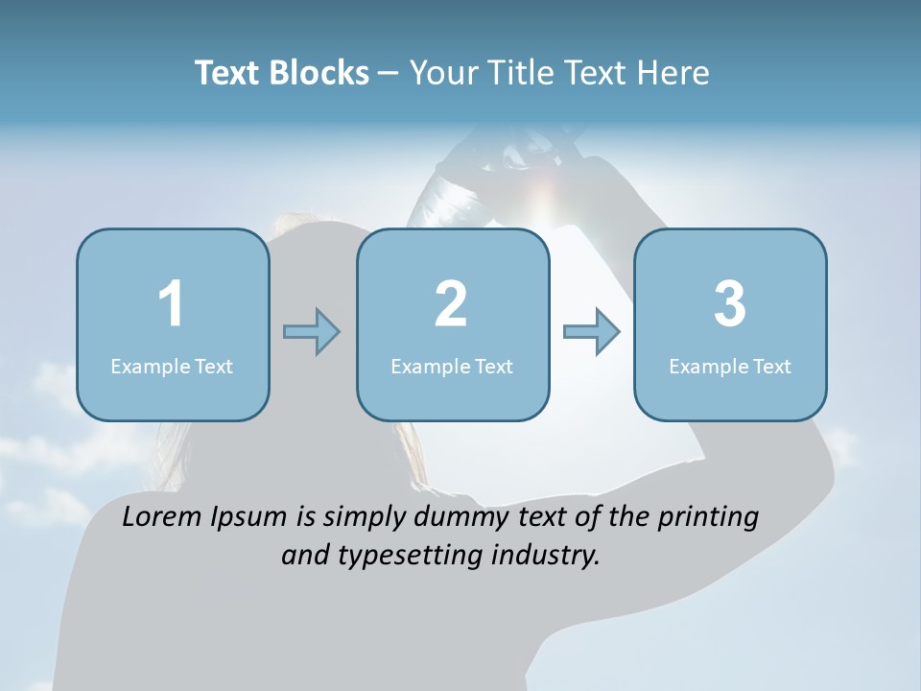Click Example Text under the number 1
[172, 366]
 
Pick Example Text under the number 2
[452, 366]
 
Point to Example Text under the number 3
[730, 366]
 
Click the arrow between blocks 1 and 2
[312, 332]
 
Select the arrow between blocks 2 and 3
[592, 332]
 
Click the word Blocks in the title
[319, 73]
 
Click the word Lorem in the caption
[161, 517]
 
